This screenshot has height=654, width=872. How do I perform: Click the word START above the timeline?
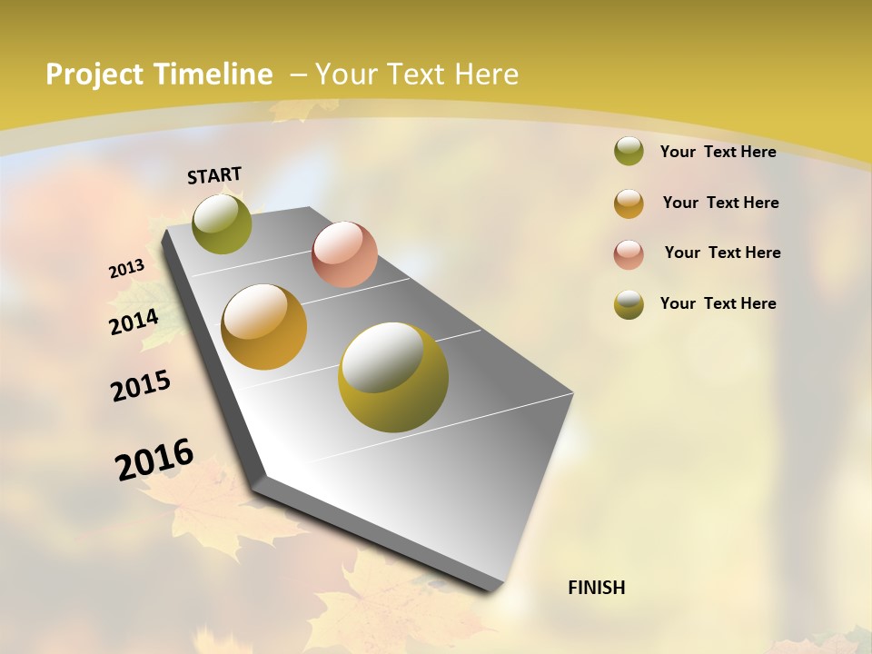pyautogui.click(x=214, y=174)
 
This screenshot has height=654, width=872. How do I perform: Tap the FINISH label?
pyautogui.click(x=597, y=588)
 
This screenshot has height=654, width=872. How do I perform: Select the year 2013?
pyautogui.click(x=126, y=269)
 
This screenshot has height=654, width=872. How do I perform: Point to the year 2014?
pyautogui.click(x=134, y=322)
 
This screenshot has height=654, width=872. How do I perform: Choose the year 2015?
pyautogui.click(x=141, y=386)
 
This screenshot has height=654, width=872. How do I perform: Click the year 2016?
pyautogui.click(x=154, y=459)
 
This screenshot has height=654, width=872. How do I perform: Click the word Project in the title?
pyautogui.click(x=94, y=74)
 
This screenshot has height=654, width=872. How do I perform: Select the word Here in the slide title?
pyautogui.click(x=486, y=74)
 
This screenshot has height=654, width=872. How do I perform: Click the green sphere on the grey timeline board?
pyautogui.click(x=222, y=223)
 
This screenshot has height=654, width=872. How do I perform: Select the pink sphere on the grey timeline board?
pyautogui.click(x=344, y=254)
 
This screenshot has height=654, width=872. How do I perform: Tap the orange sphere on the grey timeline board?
pyautogui.click(x=264, y=327)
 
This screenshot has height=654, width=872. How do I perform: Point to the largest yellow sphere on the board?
pyautogui.click(x=393, y=377)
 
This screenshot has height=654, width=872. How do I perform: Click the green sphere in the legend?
pyautogui.click(x=629, y=151)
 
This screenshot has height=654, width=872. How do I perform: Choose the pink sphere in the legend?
pyautogui.click(x=629, y=253)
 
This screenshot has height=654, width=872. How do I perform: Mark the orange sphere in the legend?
pyautogui.click(x=629, y=203)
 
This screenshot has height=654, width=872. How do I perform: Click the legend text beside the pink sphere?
pyautogui.click(x=722, y=253)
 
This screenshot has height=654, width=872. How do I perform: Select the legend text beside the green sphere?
pyautogui.click(x=718, y=152)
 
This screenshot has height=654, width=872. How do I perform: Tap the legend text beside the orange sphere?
pyautogui.click(x=720, y=203)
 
